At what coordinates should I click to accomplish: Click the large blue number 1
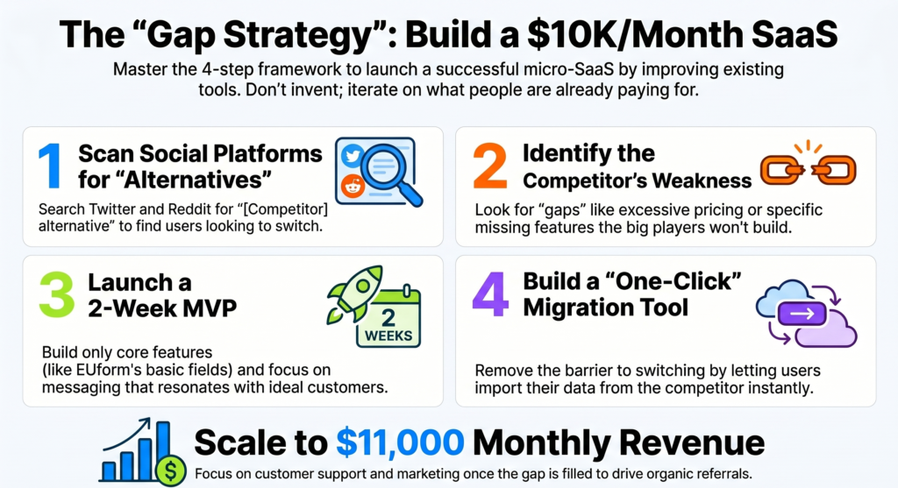click(50, 167)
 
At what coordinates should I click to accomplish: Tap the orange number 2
click(490, 166)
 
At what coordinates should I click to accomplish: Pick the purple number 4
click(489, 295)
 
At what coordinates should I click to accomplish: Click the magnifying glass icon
click(392, 170)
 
